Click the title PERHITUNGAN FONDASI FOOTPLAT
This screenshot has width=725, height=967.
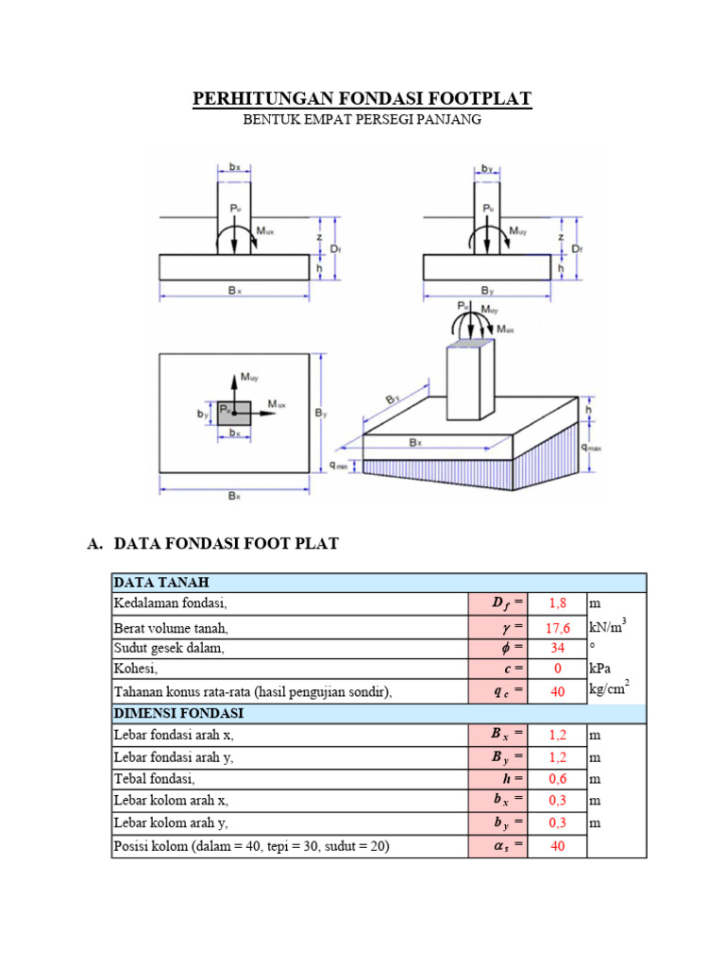[x=362, y=98]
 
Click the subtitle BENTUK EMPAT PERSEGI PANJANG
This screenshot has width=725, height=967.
[x=362, y=120]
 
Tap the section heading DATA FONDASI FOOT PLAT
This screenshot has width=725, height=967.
[x=227, y=543]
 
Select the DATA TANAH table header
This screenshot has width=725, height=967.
[x=161, y=582]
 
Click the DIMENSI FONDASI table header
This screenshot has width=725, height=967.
[x=178, y=713]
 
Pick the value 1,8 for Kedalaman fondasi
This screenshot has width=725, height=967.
[x=557, y=603]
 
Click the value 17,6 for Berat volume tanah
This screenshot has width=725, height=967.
[x=557, y=628]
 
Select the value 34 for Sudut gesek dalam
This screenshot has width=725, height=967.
[x=557, y=648]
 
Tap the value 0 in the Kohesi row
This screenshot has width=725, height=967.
[x=557, y=669]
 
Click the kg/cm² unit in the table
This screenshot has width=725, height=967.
[x=609, y=687]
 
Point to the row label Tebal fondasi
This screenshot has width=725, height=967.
[x=154, y=779]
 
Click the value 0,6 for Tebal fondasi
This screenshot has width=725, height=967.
[x=557, y=779]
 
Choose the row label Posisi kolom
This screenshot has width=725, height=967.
[x=251, y=845]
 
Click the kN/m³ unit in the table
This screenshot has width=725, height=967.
[x=608, y=626]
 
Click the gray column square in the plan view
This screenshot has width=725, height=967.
[x=234, y=414]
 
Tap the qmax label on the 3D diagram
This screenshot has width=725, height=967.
[x=591, y=447]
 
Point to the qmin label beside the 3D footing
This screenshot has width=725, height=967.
[x=339, y=466]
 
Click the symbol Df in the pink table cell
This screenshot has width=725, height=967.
[x=501, y=603]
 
